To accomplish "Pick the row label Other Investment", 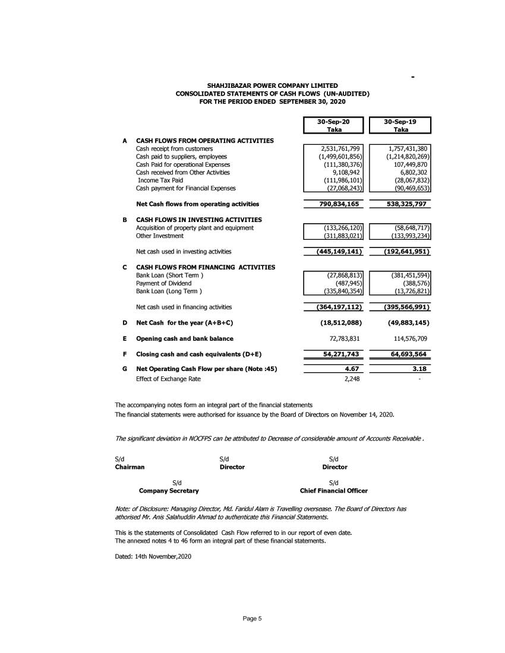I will tap(160, 236).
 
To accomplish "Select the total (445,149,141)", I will tap(334, 251).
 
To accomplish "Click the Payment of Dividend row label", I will tap(164, 283).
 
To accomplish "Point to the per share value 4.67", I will tap(353, 369).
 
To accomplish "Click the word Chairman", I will tap(130, 467).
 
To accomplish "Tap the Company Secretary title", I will tap(169, 491).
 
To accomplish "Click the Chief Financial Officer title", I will tap(334, 491).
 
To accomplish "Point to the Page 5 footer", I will tap(252, 619).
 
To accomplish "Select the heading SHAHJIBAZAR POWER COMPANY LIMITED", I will tap(272, 86).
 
